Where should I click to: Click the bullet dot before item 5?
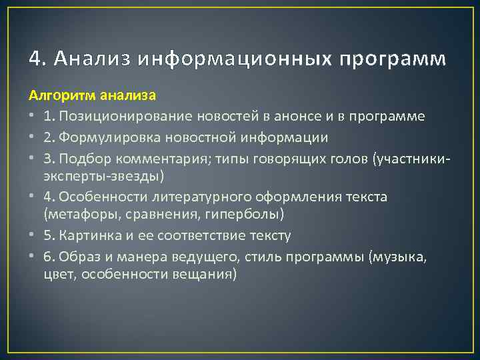(32, 235)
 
